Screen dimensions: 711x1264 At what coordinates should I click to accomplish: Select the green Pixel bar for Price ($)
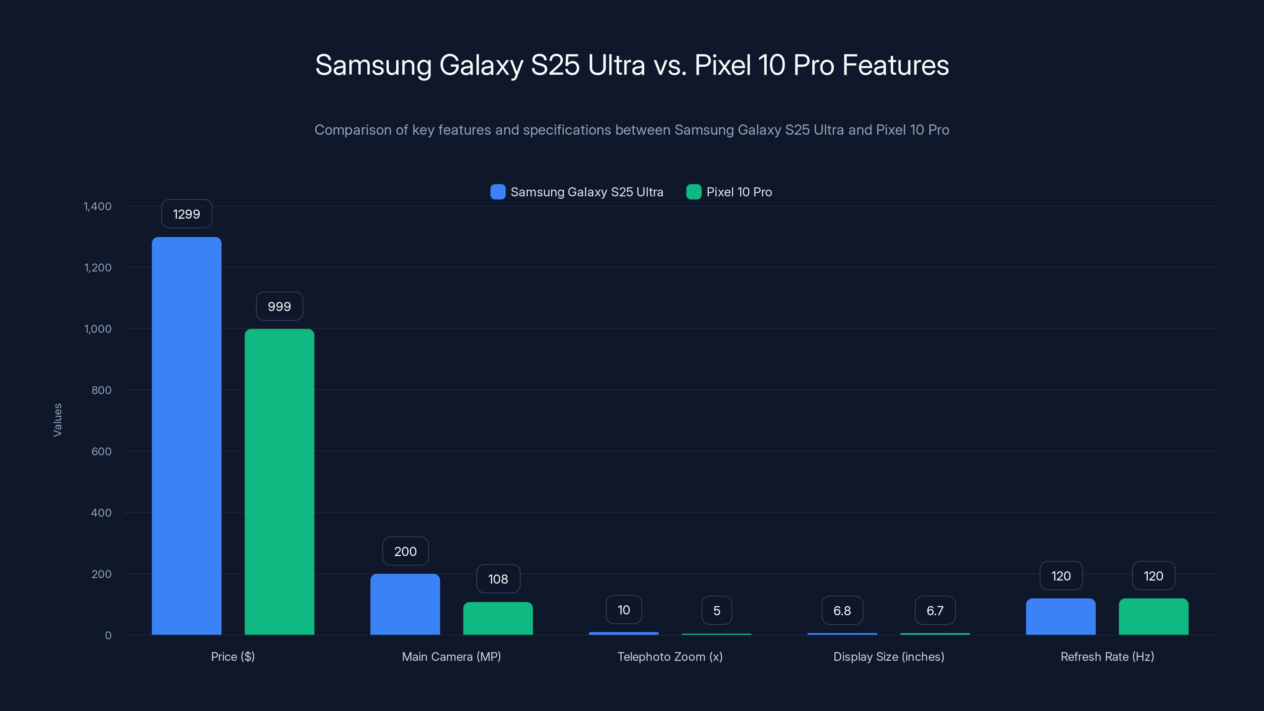(x=279, y=482)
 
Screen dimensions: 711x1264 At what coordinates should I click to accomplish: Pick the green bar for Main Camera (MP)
(x=498, y=618)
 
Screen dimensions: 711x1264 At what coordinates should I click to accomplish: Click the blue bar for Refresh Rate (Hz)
(x=1060, y=616)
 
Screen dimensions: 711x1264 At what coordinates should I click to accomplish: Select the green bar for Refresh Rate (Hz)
(x=1153, y=616)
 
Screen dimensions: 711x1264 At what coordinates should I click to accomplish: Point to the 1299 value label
(x=186, y=214)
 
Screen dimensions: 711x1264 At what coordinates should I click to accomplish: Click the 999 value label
(x=279, y=307)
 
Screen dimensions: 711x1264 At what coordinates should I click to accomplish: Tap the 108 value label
(x=498, y=579)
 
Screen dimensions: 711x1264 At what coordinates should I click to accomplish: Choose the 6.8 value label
(x=842, y=610)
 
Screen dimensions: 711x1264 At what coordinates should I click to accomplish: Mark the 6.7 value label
(x=935, y=610)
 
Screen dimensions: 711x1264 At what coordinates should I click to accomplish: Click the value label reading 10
(x=624, y=610)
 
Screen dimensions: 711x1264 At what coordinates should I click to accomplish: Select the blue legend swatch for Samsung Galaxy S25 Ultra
(x=498, y=192)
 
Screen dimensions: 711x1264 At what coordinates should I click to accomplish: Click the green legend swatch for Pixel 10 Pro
(x=693, y=192)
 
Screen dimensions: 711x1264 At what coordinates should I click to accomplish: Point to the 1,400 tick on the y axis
(x=98, y=206)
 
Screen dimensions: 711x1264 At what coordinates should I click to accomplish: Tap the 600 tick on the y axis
(x=101, y=451)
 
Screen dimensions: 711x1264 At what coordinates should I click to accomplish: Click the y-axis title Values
(x=57, y=420)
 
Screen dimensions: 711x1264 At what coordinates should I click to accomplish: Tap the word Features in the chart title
(x=895, y=65)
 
